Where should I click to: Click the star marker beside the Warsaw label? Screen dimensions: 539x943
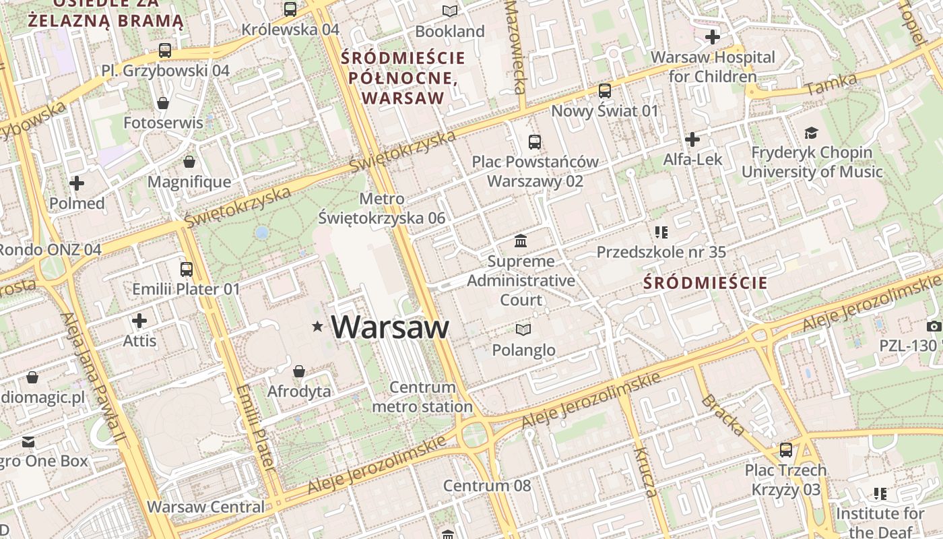coord(317,327)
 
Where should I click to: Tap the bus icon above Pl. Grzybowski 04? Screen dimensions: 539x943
coord(164,50)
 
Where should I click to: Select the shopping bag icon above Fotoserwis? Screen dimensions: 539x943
coord(163,102)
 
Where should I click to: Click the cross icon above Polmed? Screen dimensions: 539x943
coord(77,183)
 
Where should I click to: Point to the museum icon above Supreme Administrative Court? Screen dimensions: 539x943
coord(521,241)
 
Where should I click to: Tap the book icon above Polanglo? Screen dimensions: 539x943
coord(523,329)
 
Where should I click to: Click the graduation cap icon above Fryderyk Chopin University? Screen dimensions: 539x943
coord(811,133)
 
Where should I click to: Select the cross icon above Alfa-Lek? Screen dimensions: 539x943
coord(692,139)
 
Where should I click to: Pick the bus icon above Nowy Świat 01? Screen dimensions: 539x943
coord(605,90)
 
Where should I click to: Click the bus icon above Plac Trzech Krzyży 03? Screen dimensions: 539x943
coord(786,449)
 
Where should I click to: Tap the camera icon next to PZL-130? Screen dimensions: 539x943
coord(934,326)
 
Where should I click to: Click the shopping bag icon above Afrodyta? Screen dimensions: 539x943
coord(299,371)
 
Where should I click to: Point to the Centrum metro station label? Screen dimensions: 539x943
coord(422,397)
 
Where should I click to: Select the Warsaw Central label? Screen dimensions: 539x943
coord(206,507)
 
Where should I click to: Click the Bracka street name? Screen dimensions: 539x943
coord(723,415)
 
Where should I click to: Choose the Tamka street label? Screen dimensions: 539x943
coord(831,84)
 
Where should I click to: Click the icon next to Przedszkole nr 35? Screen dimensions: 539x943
coord(661,232)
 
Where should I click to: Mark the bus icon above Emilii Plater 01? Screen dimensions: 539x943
coord(187,269)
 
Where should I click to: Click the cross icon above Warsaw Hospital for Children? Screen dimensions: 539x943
coord(713,36)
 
